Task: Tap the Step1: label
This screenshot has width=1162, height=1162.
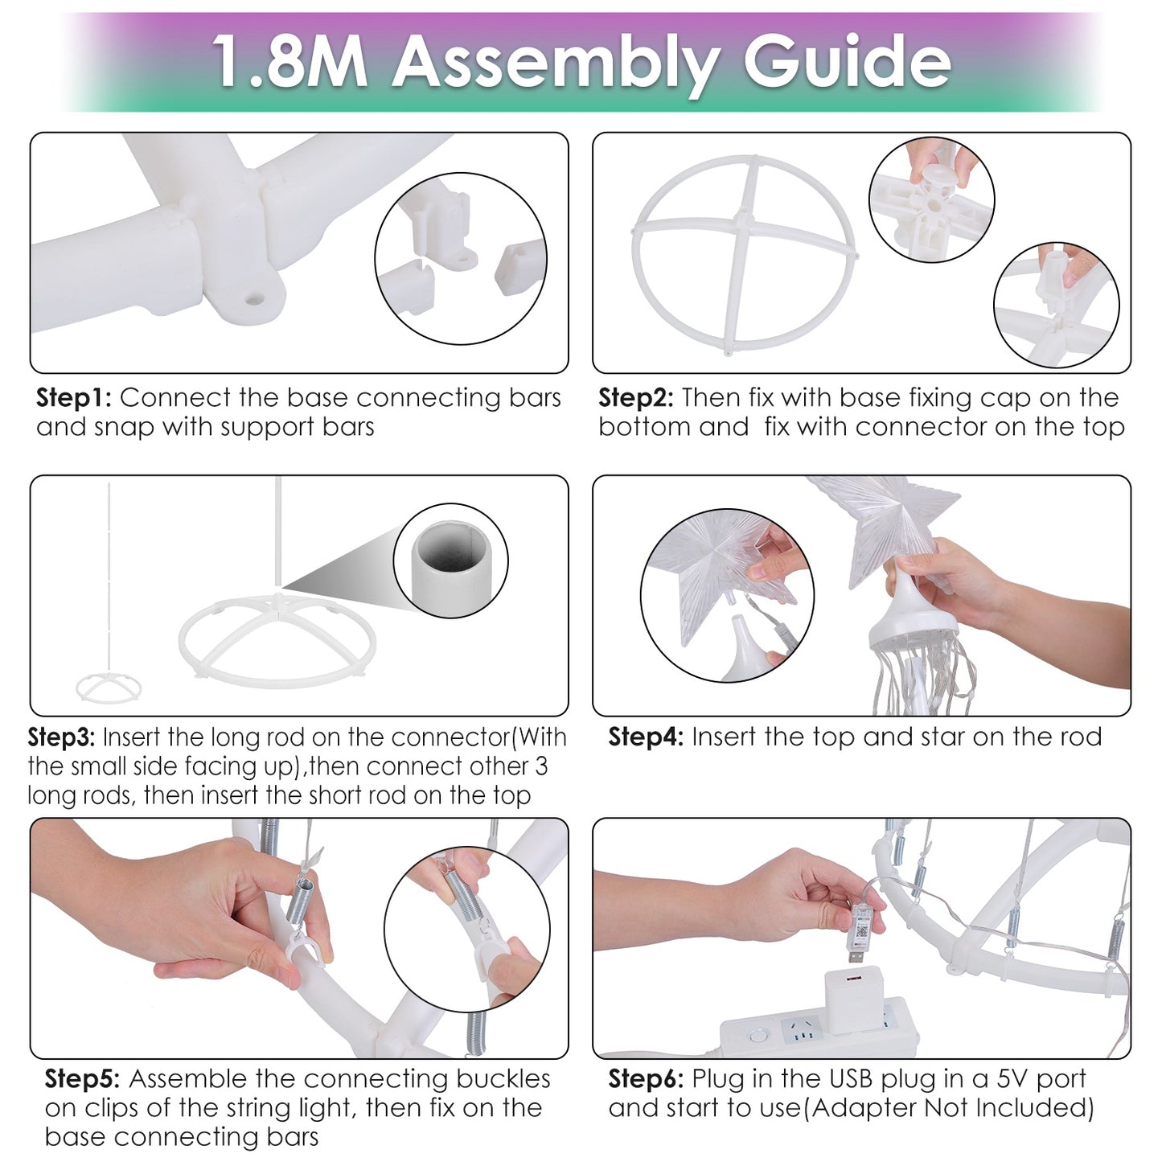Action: [x=74, y=399]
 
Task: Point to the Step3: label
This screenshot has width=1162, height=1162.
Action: [x=61, y=737]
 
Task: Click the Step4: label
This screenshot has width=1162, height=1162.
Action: [x=646, y=737]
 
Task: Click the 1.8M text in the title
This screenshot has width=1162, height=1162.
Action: [x=289, y=61]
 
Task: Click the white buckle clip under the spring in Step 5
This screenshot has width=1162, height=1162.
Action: [x=305, y=949]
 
